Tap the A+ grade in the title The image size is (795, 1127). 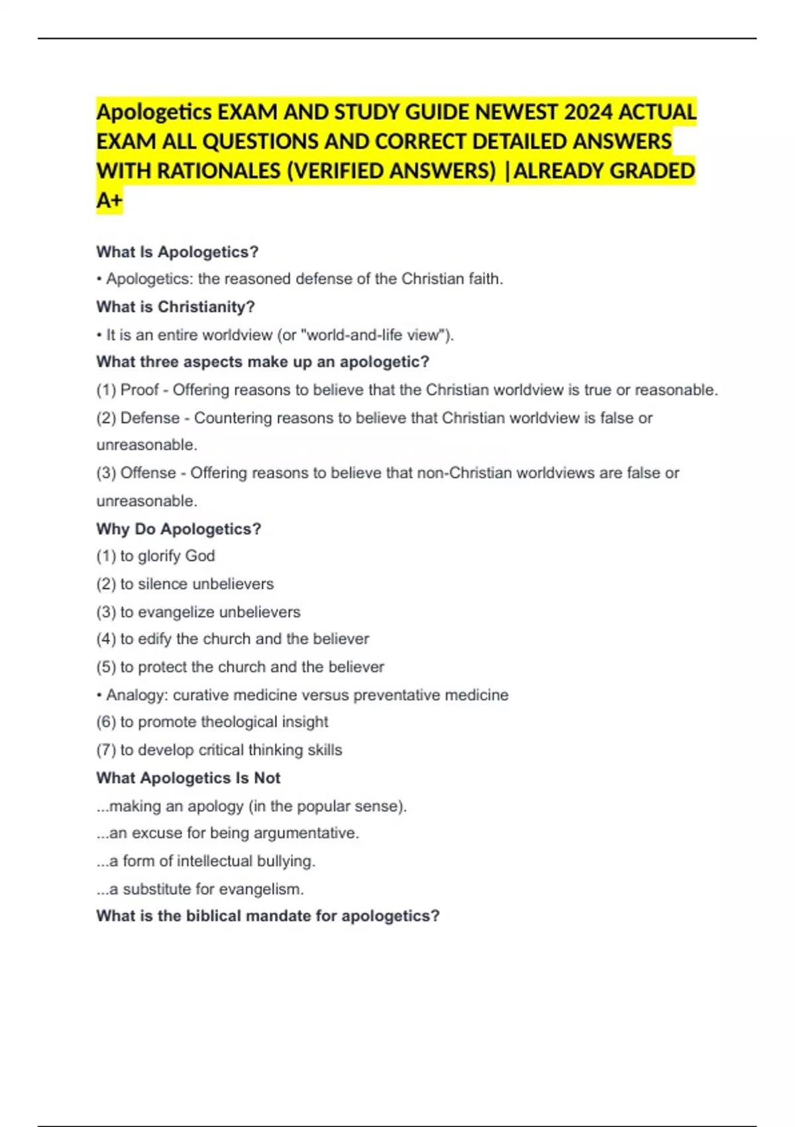coord(109,200)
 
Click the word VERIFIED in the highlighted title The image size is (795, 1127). coord(337,171)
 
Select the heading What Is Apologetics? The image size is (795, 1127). coord(177,252)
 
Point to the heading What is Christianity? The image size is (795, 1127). coord(176,307)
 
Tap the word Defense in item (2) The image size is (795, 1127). coord(150,418)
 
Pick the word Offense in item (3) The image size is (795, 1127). coord(148,473)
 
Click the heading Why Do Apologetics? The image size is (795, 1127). coord(178,529)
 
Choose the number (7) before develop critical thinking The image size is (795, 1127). coord(106,750)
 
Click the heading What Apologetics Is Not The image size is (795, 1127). coord(188,778)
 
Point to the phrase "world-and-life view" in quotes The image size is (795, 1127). coord(376,335)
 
